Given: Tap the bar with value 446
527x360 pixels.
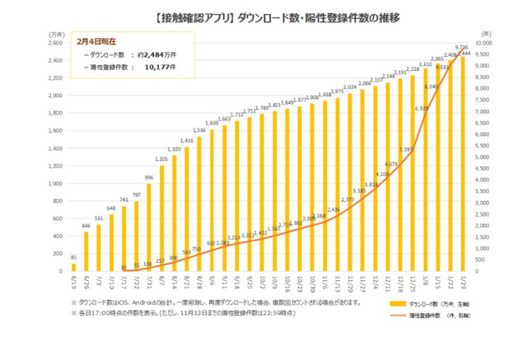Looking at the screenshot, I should pyautogui.click(x=86, y=251).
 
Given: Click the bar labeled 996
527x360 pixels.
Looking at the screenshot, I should pyautogui.click(x=148, y=227).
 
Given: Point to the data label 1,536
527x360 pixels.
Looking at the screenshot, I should pyautogui.click(x=198, y=129).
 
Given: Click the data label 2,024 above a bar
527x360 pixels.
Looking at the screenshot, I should pyautogui.click(x=349, y=86).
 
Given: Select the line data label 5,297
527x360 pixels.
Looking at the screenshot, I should pyautogui.click(x=406, y=149).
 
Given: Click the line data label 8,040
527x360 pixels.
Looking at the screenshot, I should pyautogui.click(x=431, y=85).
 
